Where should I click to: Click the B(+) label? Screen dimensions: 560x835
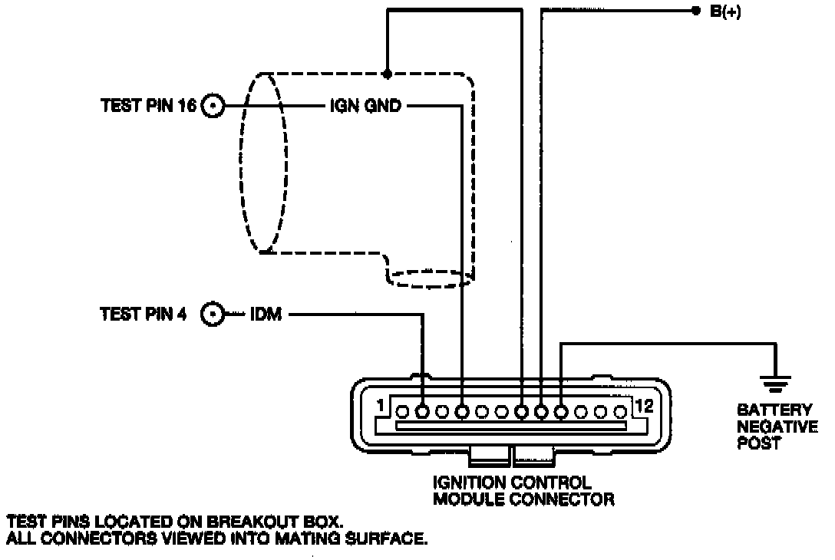(724, 12)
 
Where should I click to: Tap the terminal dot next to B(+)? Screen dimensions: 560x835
(695, 11)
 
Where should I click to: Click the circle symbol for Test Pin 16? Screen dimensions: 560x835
(213, 107)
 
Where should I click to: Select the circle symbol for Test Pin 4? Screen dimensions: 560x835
(213, 314)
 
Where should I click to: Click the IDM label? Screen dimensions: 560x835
(266, 314)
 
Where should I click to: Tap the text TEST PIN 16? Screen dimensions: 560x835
(149, 107)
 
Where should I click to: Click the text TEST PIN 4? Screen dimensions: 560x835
(144, 314)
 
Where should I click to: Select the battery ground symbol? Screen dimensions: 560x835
(775, 380)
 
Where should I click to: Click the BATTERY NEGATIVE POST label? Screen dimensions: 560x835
(776, 427)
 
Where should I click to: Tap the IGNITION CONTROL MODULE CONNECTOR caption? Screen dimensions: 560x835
(523, 491)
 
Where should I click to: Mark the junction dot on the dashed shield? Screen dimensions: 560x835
(388, 74)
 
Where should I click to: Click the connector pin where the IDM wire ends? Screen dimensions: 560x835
(421, 412)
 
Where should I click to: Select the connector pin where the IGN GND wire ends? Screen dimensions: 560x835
(461, 412)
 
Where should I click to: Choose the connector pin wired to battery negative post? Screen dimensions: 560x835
(561, 412)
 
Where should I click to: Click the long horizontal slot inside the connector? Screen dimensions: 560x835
(510, 425)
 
